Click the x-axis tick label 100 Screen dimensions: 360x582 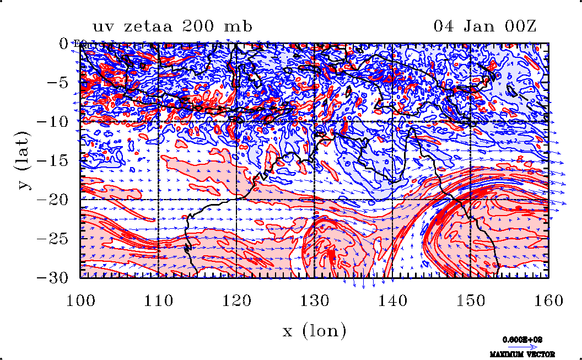80,300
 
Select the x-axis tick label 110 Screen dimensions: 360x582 158,300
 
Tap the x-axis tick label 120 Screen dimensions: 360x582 236,300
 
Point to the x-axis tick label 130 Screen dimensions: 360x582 315,300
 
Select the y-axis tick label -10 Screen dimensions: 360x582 55,121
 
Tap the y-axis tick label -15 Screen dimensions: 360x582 55,160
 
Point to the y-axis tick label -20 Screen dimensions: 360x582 55,200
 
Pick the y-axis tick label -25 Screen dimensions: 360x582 55,239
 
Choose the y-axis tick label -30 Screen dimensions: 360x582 55,277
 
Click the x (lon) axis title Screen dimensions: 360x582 314,331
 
